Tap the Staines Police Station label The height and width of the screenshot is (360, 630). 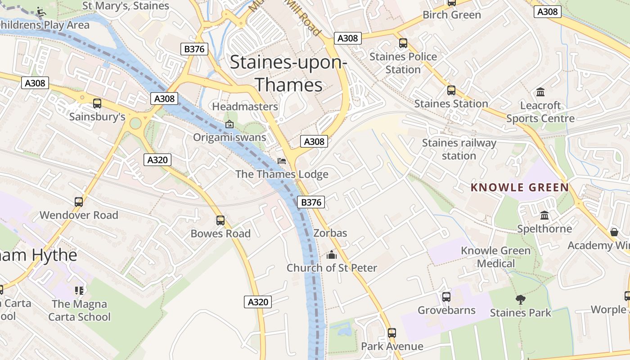pyautogui.click(x=403, y=63)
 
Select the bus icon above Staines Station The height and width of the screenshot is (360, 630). pyautogui.click(x=451, y=90)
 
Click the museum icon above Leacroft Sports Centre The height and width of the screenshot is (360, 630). pyautogui.click(x=540, y=92)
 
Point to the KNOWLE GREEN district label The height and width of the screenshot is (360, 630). pyautogui.click(x=520, y=188)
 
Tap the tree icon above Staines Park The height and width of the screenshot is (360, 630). pyautogui.click(x=520, y=299)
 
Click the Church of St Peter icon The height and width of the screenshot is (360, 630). pyautogui.click(x=332, y=255)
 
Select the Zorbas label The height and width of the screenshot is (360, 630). pyautogui.click(x=330, y=233)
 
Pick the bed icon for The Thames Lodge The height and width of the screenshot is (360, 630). pyautogui.click(x=282, y=161)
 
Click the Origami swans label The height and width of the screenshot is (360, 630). pyautogui.click(x=229, y=137)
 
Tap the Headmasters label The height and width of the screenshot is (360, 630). pyautogui.click(x=245, y=107)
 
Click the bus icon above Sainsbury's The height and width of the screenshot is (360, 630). pyautogui.click(x=97, y=103)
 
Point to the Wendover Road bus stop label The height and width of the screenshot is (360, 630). pyautogui.click(x=79, y=215)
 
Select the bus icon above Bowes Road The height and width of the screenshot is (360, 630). pyautogui.click(x=220, y=220)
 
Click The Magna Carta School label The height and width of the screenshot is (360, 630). pyautogui.click(x=80, y=310)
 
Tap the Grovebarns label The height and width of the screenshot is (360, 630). pyautogui.click(x=446, y=310)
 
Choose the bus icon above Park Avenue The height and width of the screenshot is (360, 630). pyautogui.click(x=392, y=333)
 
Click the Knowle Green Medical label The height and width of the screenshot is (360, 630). pyautogui.click(x=496, y=257)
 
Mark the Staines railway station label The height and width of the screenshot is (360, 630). pyautogui.click(x=459, y=149)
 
